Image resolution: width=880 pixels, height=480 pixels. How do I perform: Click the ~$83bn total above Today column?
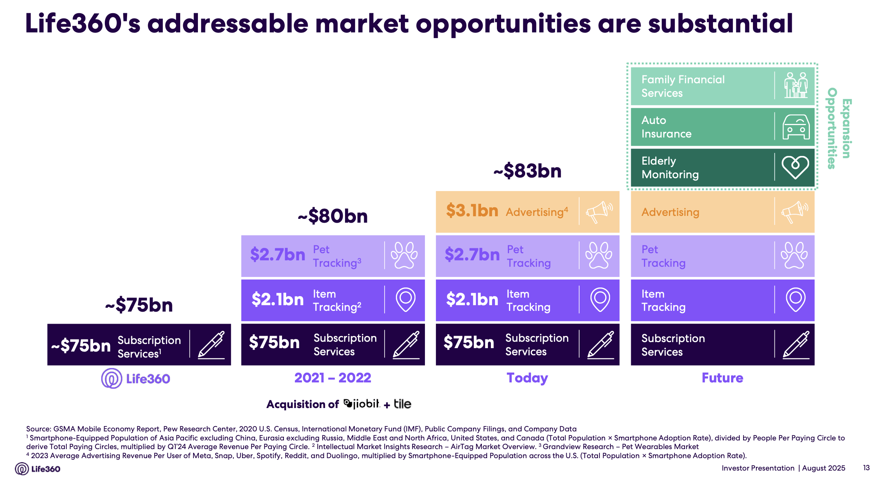527,171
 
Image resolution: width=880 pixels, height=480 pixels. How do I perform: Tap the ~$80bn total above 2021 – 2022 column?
333,216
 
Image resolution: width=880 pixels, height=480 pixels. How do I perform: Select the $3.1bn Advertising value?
472,211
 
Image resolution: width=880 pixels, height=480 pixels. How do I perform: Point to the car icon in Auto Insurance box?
796,127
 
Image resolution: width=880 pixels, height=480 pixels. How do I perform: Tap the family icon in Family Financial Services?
796,86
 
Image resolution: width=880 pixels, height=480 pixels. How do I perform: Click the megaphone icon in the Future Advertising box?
795,212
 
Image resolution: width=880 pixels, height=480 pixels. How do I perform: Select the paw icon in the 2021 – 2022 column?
404,255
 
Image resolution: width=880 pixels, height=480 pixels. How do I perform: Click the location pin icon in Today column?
600,300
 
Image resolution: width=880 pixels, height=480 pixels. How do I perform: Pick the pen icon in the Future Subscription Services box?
796,344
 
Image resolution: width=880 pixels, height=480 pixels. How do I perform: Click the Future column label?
722,378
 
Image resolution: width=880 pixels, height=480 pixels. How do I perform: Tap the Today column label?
527,378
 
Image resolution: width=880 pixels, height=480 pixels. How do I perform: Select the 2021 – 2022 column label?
333,378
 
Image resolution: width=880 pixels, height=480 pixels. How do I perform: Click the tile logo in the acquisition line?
402,404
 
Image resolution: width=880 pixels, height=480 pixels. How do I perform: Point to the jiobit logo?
362,404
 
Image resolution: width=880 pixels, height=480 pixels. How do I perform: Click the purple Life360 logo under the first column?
135,379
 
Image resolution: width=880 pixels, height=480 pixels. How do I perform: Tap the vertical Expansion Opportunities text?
839,128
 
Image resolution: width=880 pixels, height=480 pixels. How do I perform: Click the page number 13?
866,468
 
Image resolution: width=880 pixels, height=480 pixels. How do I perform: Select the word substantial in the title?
720,23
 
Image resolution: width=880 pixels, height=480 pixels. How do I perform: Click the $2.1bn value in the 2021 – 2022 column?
277,300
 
